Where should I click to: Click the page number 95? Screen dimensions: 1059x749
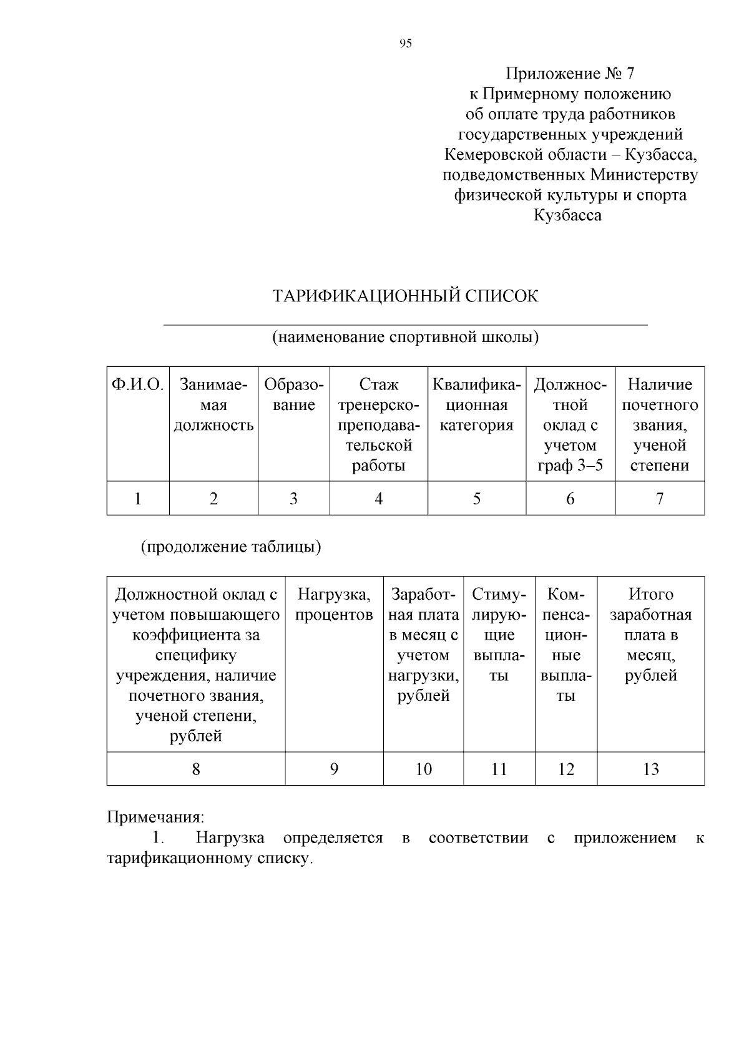pyautogui.click(x=405, y=43)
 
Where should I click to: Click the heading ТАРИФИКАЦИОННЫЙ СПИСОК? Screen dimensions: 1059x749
pyautogui.click(x=405, y=296)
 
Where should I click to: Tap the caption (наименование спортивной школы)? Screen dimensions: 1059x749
pyautogui.click(x=405, y=338)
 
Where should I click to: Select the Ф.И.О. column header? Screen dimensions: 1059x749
pyautogui.click(x=137, y=385)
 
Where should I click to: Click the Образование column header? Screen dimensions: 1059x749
pyautogui.click(x=294, y=395)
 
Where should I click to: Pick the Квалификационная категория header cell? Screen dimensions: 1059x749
pyautogui.click(x=477, y=405)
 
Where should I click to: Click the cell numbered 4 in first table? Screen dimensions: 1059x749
pyautogui.click(x=378, y=499)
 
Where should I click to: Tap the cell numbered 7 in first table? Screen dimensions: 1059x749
pyautogui.click(x=660, y=499)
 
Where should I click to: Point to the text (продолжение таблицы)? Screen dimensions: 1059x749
pyautogui.click(x=230, y=547)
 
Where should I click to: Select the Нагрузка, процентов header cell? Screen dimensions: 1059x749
pyautogui.click(x=334, y=605)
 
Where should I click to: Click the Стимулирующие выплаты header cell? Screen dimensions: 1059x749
pyautogui.click(x=499, y=635)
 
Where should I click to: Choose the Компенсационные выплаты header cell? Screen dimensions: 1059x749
pyautogui.click(x=565, y=645)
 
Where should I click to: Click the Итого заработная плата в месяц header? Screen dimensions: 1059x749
pyautogui.click(x=650, y=635)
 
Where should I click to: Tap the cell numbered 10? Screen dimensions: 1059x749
pyautogui.click(x=423, y=769)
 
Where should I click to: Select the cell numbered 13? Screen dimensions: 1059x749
pyautogui.click(x=650, y=769)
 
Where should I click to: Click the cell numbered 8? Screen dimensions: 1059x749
pyautogui.click(x=196, y=769)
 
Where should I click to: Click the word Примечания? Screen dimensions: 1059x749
pyautogui.click(x=155, y=817)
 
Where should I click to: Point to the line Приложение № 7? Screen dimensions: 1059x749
pyautogui.click(x=569, y=74)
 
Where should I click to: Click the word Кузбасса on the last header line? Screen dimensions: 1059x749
pyautogui.click(x=567, y=215)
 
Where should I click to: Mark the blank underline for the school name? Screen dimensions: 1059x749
pyautogui.click(x=405, y=325)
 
